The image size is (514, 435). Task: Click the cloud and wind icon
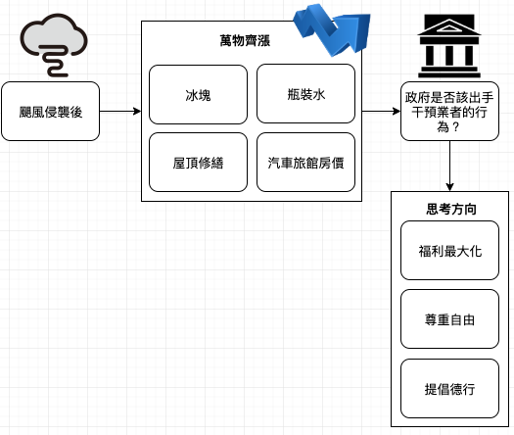(54, 45)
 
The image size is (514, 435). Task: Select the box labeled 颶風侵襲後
(51, 112)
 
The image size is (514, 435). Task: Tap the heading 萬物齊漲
(245, 41)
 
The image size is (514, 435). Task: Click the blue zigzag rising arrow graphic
(332, 29)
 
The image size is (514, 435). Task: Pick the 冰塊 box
(198, 94)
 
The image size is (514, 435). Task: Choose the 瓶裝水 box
(305, 94)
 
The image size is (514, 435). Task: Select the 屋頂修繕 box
(198, 162)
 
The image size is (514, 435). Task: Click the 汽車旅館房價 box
(305, 162)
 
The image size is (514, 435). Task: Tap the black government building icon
(449, 46)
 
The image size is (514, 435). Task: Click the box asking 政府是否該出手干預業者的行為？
(449, 112)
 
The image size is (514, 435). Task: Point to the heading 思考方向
(451, 209)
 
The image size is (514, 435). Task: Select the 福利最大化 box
(449, 250)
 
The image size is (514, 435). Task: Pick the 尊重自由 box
(449, 318)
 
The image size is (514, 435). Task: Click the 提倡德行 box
(449, 388)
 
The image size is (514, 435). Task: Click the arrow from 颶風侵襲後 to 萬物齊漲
(120, 112)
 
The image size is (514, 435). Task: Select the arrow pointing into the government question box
(381, 112)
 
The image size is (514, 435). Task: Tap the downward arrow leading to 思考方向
(449, 166)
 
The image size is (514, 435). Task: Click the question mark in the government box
(454, 127)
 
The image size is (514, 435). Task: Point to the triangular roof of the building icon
(449, 26)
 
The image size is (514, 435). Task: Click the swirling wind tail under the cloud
(57, 62)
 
